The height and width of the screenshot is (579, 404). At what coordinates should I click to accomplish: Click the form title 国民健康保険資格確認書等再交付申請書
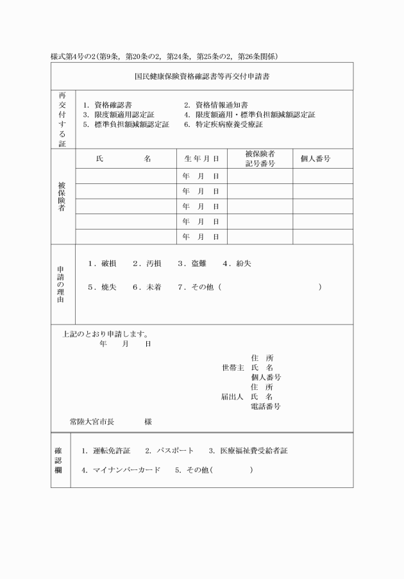click(202, 75)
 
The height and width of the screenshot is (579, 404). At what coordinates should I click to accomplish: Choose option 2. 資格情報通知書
click(216, 105)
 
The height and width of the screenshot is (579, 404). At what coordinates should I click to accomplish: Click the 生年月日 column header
click(201, 158)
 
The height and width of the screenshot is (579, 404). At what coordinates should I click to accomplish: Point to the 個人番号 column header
click(316, 158)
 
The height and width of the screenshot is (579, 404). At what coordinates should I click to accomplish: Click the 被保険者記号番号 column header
click(260, 159)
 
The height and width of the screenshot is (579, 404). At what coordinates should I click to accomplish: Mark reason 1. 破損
click(102, 264)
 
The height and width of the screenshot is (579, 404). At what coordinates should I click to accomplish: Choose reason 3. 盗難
click(192, 264)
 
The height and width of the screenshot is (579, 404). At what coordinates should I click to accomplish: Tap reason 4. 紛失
click(237, 264)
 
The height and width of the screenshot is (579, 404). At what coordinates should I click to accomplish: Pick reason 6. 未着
click(147, 287)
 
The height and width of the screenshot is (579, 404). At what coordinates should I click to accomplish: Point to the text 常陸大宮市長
click(92, 422)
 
